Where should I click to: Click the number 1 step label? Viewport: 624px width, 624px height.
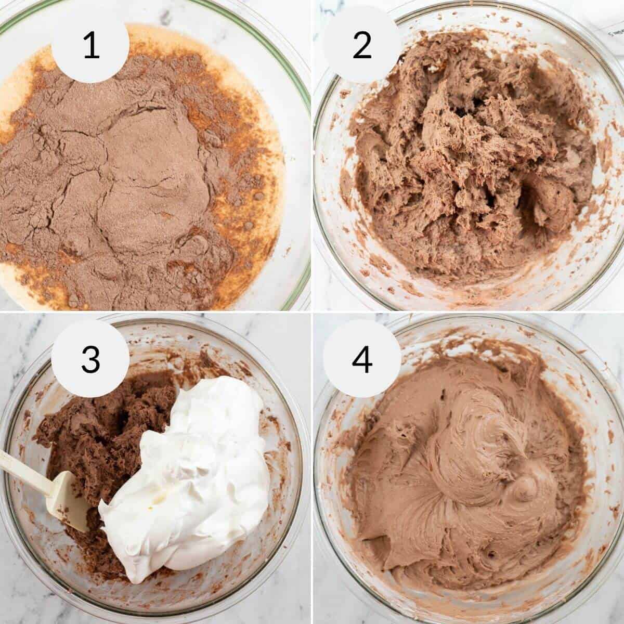pyautogui.click(x=91, y=46)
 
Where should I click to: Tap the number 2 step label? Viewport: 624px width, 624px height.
pyautogui.click(x=362, y=46)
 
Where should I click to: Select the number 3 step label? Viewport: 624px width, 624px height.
pyautogui.click(x=90, y=359)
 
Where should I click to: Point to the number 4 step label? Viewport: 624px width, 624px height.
pyautogui.click(x=362, y=359)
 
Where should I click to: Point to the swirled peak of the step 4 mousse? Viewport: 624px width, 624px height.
pyautogui.click(x=525, y=489)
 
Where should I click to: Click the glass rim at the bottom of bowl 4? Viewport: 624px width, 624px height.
pyautogui.click(x=468, y=608)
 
